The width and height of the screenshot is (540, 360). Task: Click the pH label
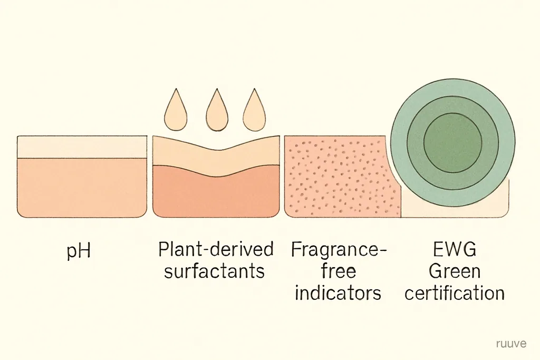79,251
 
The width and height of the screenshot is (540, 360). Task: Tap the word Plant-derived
216,249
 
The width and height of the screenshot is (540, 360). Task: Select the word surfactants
214,271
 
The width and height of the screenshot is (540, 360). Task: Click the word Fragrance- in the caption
339,250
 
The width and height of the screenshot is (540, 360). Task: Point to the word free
339,271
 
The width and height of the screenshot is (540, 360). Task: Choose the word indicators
338,293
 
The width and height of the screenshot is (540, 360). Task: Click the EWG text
455,249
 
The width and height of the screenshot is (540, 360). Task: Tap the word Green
455,271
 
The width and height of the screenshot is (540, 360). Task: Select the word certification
455,293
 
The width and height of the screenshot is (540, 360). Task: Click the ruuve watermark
512,344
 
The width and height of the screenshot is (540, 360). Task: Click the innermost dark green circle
452,143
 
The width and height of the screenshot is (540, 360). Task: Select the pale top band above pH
82,147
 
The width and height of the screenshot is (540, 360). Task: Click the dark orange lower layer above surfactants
216,196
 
